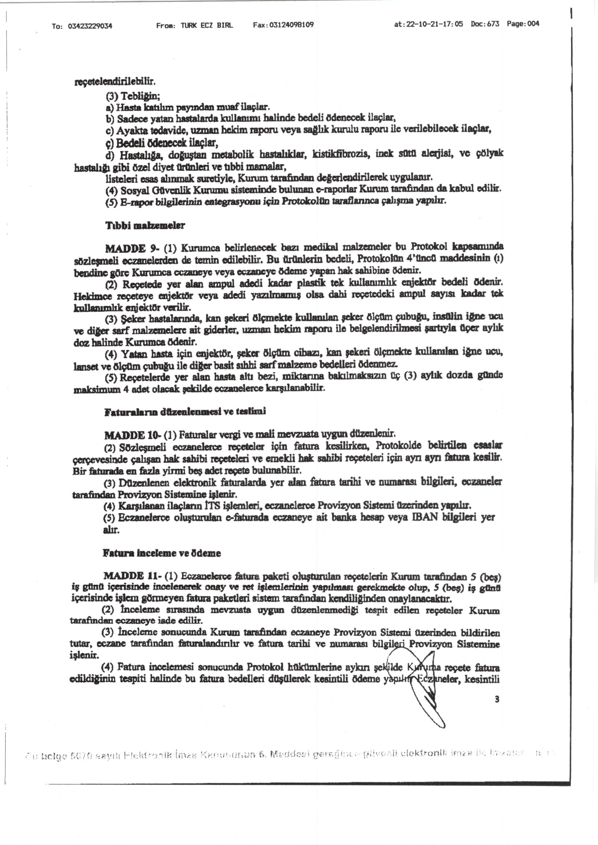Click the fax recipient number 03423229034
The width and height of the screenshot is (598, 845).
[90, 26]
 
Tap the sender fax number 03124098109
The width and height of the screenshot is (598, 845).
[291, 25]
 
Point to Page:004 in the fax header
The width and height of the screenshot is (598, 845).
[523, 24]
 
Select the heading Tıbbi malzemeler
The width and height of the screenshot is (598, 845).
[145, 226]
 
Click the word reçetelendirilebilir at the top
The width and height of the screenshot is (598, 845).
[115, 81]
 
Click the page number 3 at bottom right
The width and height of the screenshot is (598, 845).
[497, 700]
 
